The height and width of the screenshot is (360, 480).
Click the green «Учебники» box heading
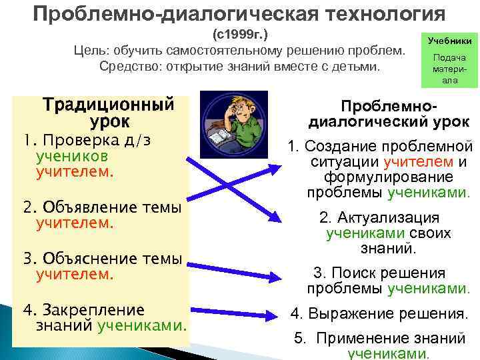click(x=449, y=41)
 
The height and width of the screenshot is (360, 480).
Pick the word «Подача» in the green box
click(x=449, y=58)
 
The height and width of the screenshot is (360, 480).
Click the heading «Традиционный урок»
click(x=109, y=113)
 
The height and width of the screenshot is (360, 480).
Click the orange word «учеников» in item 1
click(x=67, y=156)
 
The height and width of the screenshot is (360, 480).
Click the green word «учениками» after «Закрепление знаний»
click(x=141, y=325)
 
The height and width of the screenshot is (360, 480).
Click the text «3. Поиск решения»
click(x=379, y=273)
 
